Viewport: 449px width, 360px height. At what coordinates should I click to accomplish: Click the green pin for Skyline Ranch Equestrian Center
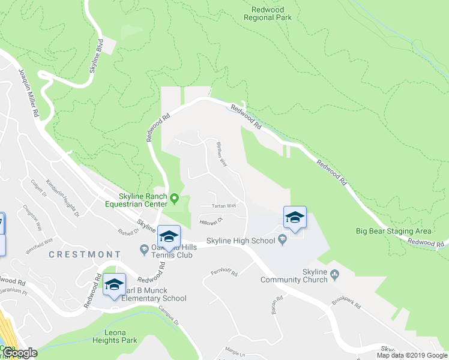click(x=175, y=198)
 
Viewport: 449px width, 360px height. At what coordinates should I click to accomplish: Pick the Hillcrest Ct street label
click(x=211, y=220)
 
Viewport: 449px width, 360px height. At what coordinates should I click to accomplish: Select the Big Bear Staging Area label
click(x=393, y=231)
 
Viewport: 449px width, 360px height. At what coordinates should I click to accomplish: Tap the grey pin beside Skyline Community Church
click(x=335, y=275)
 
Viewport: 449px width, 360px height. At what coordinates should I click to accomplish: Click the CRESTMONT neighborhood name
click(x=80, y=254)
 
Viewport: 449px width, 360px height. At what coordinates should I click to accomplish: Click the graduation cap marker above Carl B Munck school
click(x=114, y=284)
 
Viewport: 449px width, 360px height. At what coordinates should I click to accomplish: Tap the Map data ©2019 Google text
click(x=412, y=355)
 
